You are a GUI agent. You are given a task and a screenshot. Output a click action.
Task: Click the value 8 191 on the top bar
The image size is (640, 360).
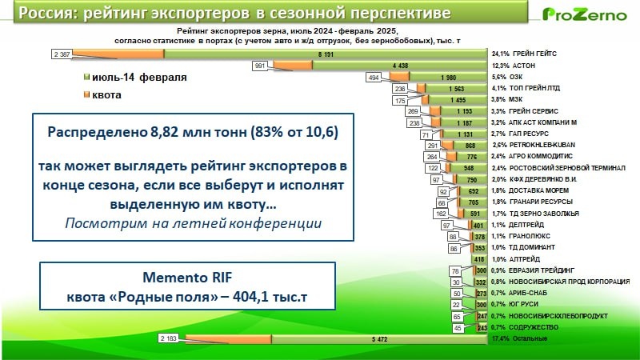(325, 54)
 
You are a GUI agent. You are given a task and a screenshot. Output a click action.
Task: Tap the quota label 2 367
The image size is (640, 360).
(62, 54)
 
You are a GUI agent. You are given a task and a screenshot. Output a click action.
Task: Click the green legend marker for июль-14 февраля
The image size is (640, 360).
(86, 78)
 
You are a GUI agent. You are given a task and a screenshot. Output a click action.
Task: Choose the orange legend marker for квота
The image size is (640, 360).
(86, 94)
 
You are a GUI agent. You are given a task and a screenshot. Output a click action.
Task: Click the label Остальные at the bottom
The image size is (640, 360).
(530, 339)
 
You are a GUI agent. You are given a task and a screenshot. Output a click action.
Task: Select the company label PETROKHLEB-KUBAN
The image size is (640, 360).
(541, 145)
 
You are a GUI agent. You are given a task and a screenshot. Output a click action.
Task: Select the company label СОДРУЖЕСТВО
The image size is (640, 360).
(536, 328)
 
